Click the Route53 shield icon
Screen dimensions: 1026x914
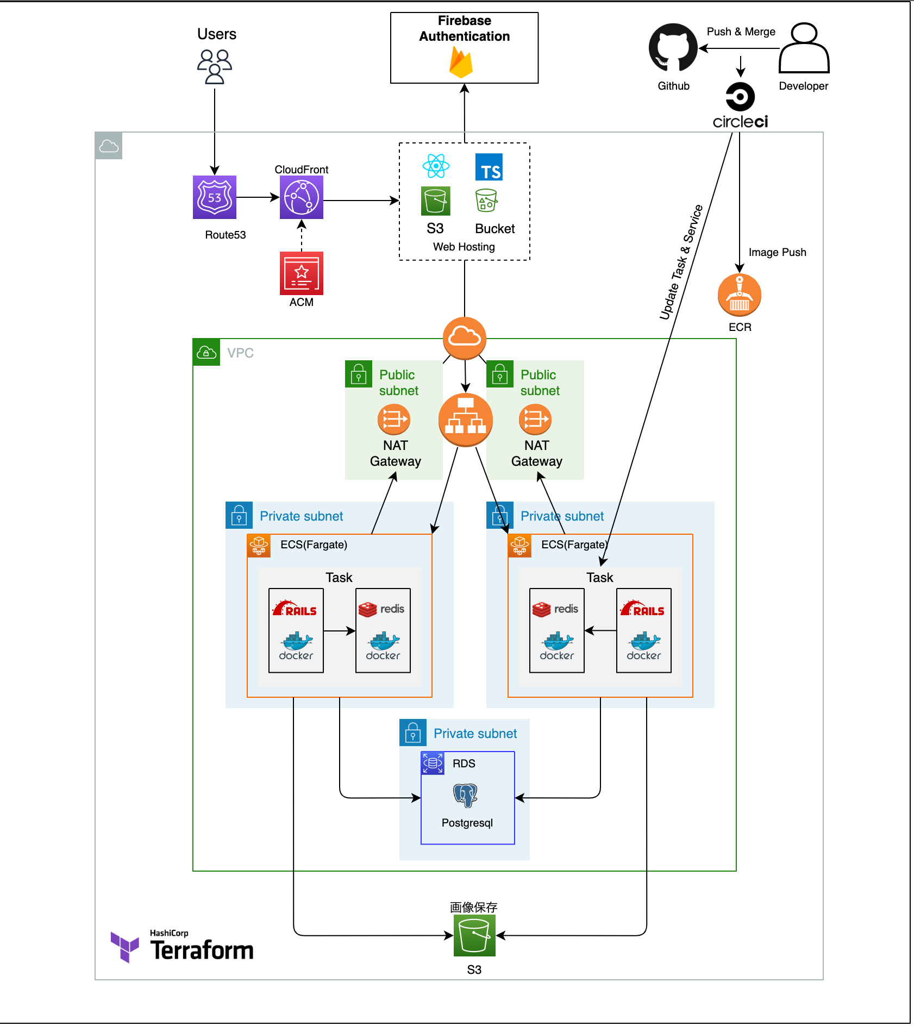point(215,197)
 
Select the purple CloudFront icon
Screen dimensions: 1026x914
point(302,197)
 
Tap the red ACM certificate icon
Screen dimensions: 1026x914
point(302,273)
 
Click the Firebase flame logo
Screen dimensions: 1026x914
point(461,62)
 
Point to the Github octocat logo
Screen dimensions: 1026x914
point(673,48)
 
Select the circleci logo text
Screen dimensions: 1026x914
point(740,122)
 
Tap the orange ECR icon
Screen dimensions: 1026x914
point(739,295)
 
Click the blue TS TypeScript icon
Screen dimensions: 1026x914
point(489,167)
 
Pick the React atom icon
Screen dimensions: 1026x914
point(436,166)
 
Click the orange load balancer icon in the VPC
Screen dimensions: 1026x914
point(466,420)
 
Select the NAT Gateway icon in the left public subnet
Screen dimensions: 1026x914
point(394,420)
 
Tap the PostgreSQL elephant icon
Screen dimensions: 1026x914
point(466,795)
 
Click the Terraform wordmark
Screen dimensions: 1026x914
point(202,950)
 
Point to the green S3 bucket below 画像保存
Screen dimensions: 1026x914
point(474,935)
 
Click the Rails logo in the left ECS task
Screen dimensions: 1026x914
point(295,609)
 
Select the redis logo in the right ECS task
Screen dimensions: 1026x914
point(555,609)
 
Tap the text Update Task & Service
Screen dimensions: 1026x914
point(681,262)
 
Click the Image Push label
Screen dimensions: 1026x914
point(777,252)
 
